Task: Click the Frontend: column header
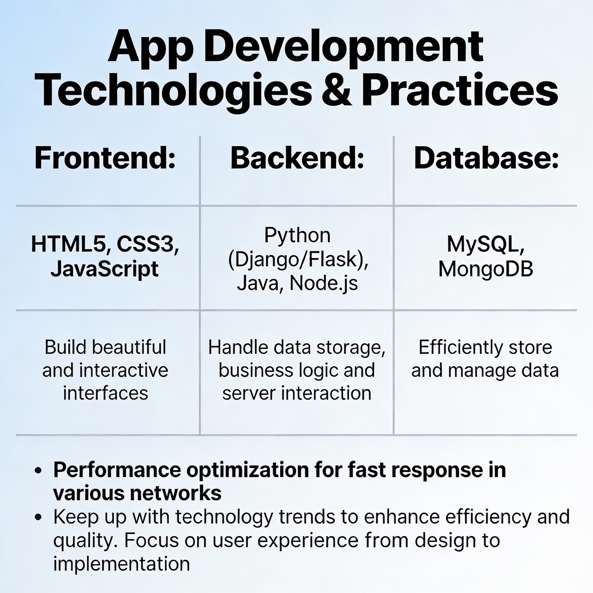point(105,158)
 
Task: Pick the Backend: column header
point(297,158)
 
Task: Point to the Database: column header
point(486,158)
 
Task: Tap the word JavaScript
point(105,269)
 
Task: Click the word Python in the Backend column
point(297,236)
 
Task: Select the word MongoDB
point(486,269)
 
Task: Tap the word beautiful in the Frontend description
point(129,347)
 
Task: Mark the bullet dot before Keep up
point(39,517)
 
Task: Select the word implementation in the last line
point(122,563)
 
